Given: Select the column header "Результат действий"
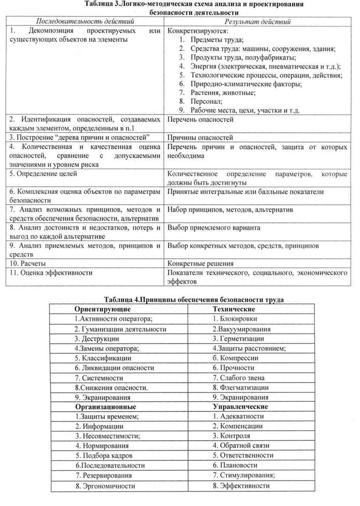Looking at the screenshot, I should (257, 22).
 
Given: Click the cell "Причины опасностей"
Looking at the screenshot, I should (200, 138).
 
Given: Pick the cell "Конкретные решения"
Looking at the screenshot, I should (200, 263).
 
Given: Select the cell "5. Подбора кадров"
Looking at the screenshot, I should (102, 455).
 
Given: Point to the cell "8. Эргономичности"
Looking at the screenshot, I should (105, 486).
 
